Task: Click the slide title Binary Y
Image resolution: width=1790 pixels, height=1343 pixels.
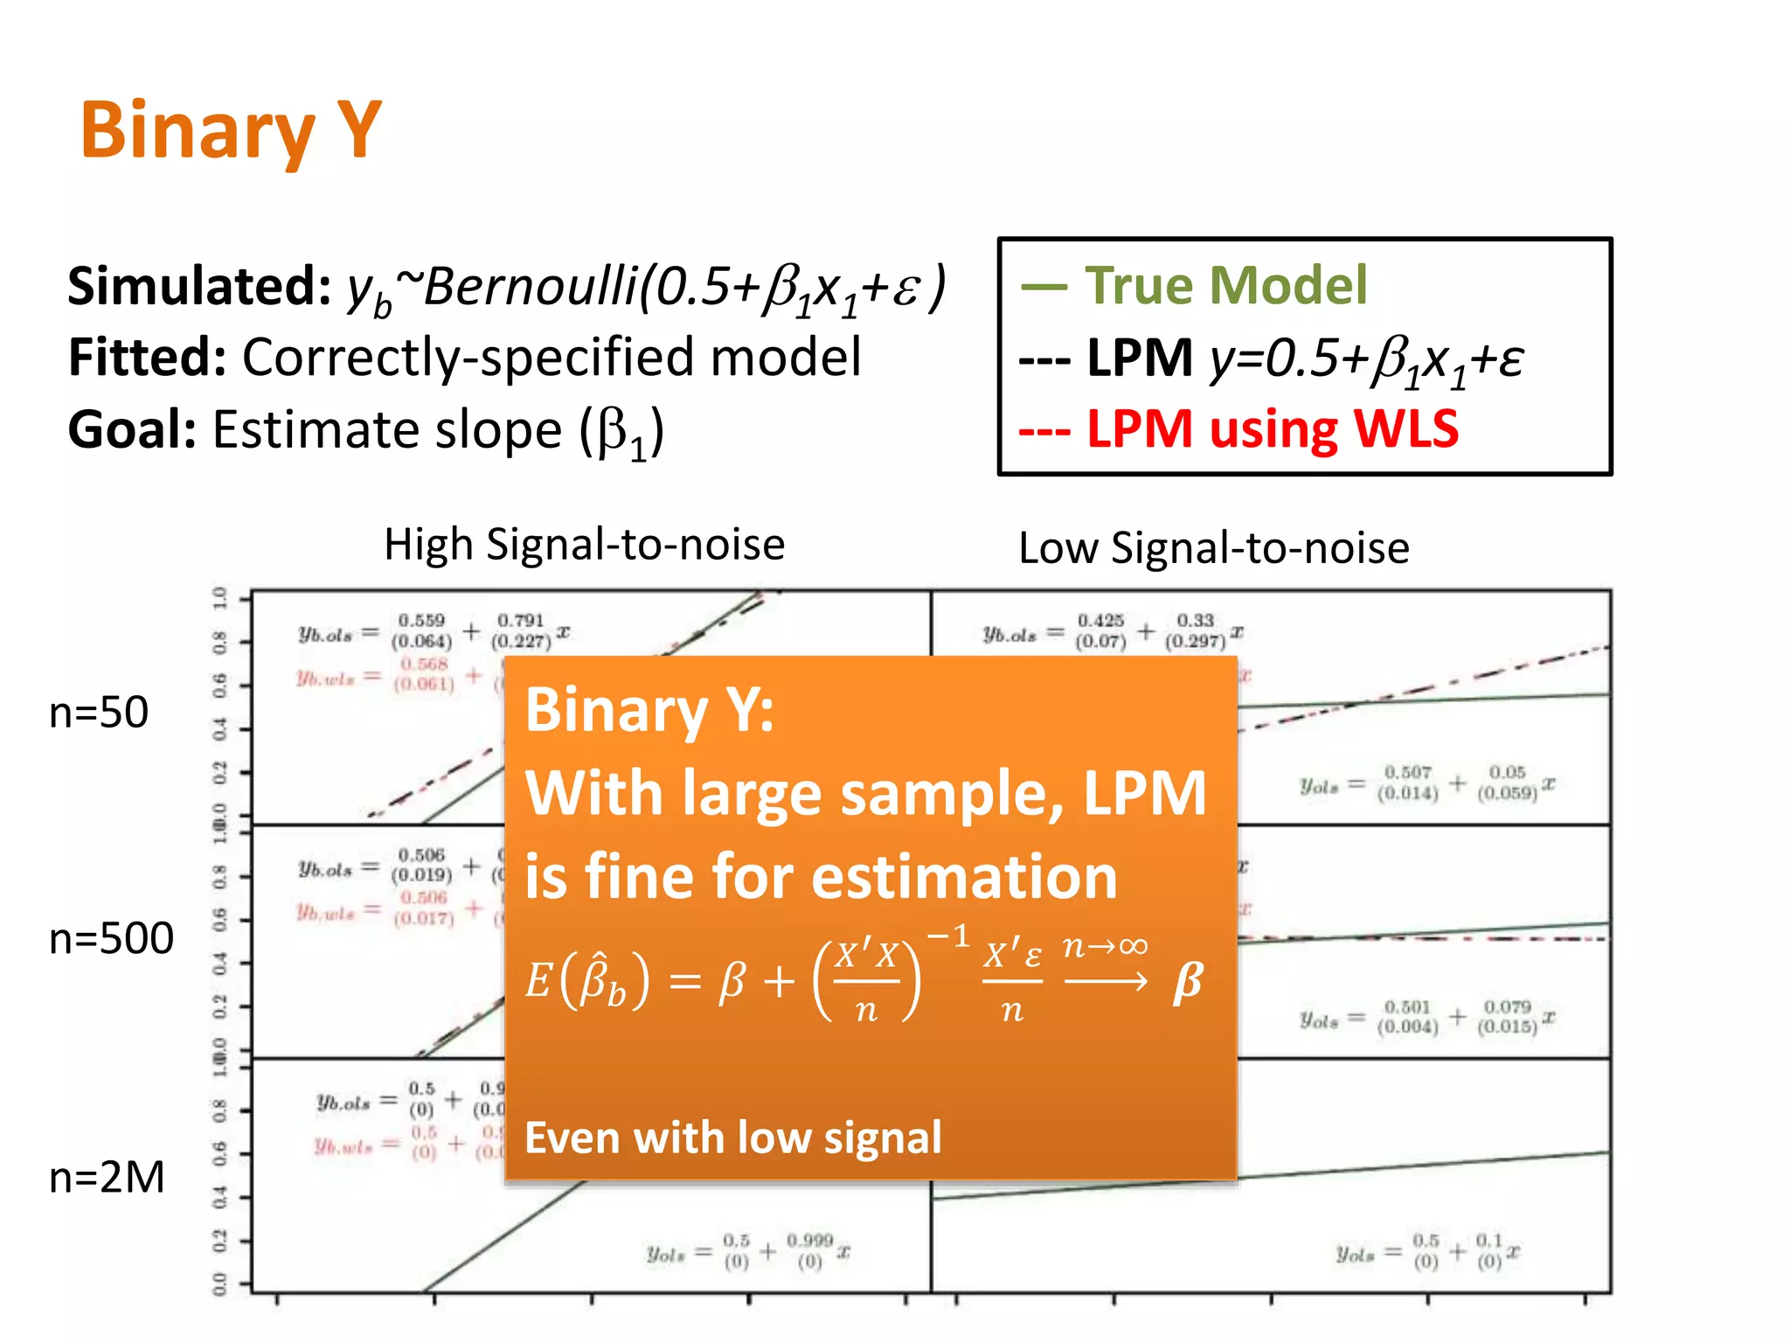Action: [231, 131]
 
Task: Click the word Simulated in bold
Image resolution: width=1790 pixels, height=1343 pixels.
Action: [199, 286]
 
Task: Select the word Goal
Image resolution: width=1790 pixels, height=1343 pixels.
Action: [132, 430]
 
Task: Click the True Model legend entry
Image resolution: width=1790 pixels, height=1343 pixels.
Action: [1225, 286]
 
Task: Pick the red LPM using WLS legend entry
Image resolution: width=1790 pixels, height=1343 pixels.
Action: [1272, 429]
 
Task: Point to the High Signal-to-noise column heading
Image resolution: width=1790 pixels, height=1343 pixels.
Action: [584, 545]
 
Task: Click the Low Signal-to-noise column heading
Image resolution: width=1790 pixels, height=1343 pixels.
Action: [1213, 549]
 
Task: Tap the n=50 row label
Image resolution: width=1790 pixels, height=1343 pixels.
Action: [99, 713]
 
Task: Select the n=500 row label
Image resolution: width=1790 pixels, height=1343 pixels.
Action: [111, 939]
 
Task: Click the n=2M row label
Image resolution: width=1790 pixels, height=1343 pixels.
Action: [107, 1177]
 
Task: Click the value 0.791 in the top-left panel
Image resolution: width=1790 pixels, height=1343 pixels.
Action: [520, 620]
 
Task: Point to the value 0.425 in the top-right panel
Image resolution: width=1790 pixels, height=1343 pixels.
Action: [1100, 620]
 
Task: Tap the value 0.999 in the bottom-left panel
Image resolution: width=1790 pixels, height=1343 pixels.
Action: [809, 1240]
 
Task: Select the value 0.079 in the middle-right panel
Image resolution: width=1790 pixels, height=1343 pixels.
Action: [1507, 1007]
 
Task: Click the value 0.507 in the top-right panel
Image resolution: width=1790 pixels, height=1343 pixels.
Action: [1407, 772]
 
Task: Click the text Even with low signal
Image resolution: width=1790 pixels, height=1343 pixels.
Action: [732, 1138]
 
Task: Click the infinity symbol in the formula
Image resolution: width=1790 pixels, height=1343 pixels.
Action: [1132, 946]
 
